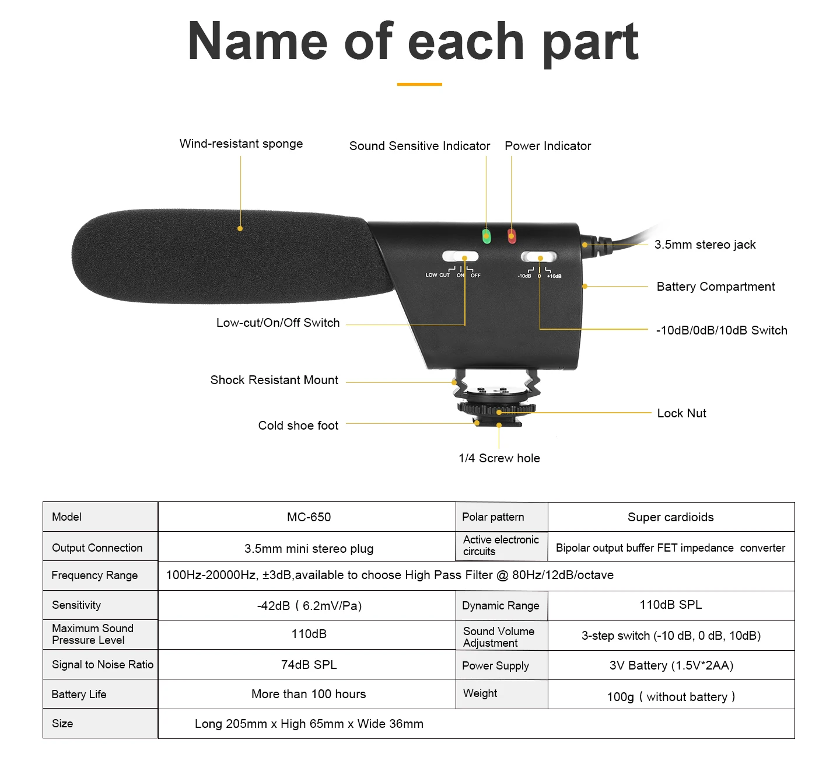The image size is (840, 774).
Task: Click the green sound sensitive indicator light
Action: [x=487, y=236]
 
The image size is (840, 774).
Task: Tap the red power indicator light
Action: [x=512, y=236]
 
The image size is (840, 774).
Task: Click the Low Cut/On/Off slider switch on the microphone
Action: [x=460, y=256]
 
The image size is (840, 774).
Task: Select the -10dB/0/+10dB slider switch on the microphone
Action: [x=539, y=257]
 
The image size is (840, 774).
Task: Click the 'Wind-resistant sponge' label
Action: [x=241, y=144]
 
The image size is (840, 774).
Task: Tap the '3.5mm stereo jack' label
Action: [x=705, y=245]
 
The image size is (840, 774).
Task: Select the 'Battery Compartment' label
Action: [x=716, y=287]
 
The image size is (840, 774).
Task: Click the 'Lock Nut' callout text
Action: [x=681, y=413]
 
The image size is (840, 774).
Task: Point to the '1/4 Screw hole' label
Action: [x=499, y=458]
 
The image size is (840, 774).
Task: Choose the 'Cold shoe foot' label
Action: [x=298, y=426]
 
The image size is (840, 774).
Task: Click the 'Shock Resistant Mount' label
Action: [x=274, y=380]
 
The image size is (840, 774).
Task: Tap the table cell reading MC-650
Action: [x=309, y=517]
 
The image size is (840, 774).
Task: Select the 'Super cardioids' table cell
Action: [x=670, y=517]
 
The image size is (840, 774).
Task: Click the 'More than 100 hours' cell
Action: [x=309, y=694]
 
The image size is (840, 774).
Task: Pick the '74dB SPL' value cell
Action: [x=309, y=665]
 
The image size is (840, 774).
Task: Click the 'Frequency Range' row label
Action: [x=94, y=576]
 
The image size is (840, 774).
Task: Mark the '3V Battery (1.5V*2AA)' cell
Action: [x=671, y=665]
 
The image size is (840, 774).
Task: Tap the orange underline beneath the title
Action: [x=419, y=84]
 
